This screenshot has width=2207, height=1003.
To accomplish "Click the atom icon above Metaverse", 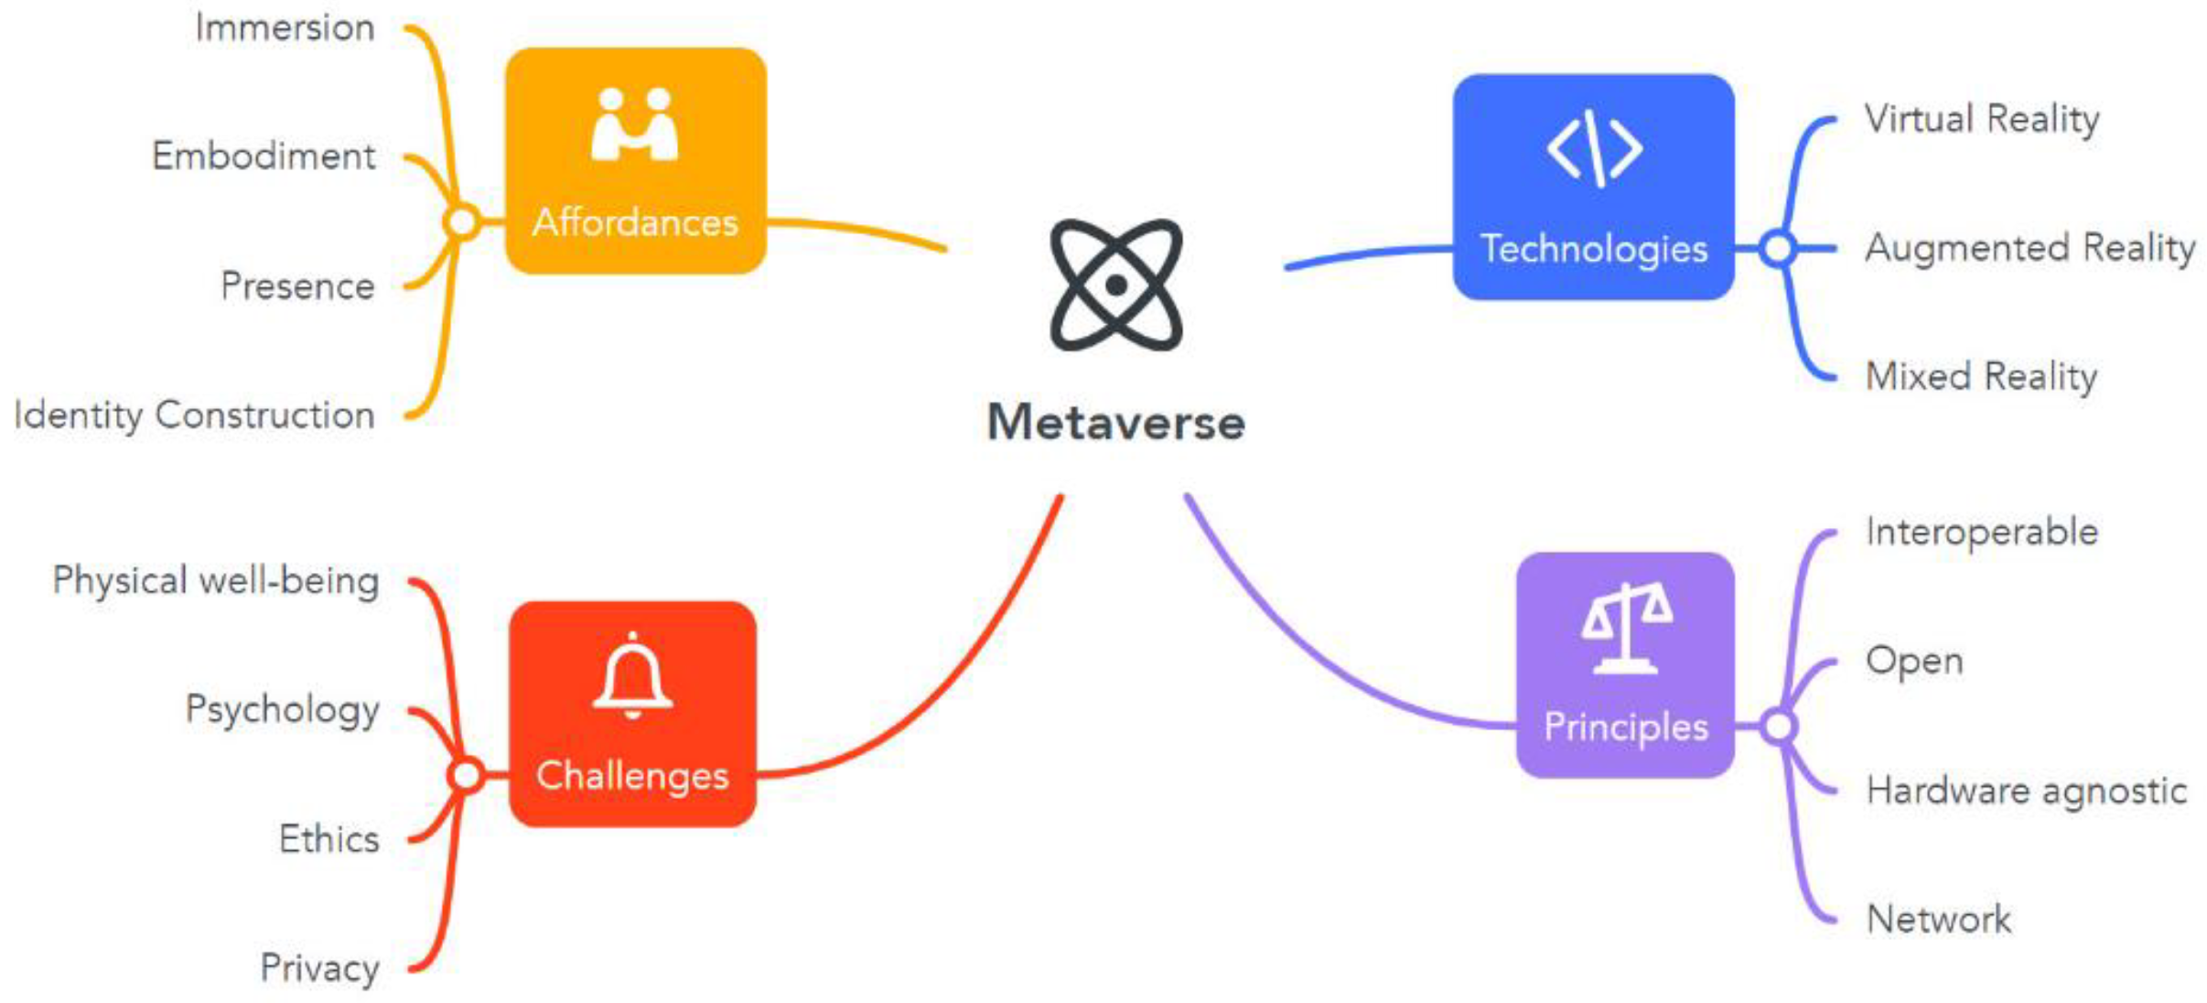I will (1115, 285).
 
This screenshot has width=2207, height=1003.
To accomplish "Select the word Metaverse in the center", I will (1115, 423).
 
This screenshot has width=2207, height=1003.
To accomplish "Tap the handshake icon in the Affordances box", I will (635, 124).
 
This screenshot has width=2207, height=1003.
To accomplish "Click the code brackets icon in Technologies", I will (1594, 148).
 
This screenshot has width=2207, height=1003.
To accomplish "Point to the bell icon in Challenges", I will (632, 677).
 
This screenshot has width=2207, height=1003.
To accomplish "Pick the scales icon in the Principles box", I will (1626, 629).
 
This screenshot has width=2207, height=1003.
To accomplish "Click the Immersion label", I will (285, 28).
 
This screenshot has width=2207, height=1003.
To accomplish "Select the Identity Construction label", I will (194, 415).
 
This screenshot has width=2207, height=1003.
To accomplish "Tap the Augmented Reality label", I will (2029, 248).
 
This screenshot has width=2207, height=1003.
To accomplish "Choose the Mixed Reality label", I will (1981, 376).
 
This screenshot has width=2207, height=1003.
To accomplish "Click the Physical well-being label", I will (216, 581).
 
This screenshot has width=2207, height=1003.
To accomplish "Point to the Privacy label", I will (319, 968).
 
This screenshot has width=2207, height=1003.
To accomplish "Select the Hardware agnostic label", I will (2026, 791).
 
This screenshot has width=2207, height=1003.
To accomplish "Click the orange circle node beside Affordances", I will (462, 221).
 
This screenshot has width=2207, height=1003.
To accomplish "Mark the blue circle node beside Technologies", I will (1778, 248).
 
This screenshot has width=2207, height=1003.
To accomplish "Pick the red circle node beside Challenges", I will (467, 775).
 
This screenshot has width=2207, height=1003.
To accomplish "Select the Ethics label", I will (328, 839).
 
